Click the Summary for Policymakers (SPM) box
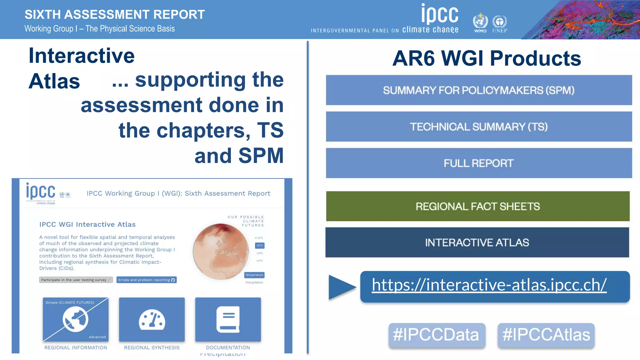click(478, 90)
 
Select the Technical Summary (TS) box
click(478, 127)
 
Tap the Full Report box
click(478, 163)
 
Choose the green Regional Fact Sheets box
click(477, 206)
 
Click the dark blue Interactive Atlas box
click(477, 242)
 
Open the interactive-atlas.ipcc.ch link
click(489, 285)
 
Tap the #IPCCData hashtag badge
click(437, 335)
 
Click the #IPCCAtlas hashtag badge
click(546, 335)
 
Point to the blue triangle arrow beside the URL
click(341, 287)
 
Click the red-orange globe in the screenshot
click(221, 252)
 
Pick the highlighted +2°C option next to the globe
click(260, 246)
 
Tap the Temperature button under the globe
click(254, 275)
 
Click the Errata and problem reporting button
click(147, 280)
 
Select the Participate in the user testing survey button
click(76, 280)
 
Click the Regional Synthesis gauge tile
click(152, 319)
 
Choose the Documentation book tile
click(228, 319)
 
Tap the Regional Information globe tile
click(76, 319)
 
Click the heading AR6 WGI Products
click(486, 58)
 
